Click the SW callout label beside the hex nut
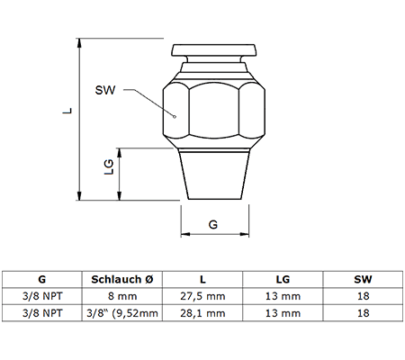coord(105,90)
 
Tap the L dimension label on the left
coord(67,111)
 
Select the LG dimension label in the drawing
coord(109,166)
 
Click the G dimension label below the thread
coord(213,224)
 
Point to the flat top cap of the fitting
coord(214,49)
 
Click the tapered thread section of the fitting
coord(214,175)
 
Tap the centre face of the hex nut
coord(214,111)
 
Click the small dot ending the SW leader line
coord(175,117)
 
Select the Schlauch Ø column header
coord(122,279)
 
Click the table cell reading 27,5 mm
coord(202,296)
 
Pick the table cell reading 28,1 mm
coord(202,313)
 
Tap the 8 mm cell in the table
coord(122,296)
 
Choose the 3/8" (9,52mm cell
coord(122,313)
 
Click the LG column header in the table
coord(283,279)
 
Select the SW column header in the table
coord(363,279)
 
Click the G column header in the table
coord(42,279)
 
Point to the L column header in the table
coord(202,279)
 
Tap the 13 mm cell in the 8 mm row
coord(283,296)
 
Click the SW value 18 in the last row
coord(363,313)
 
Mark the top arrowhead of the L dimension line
coord(79,43)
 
